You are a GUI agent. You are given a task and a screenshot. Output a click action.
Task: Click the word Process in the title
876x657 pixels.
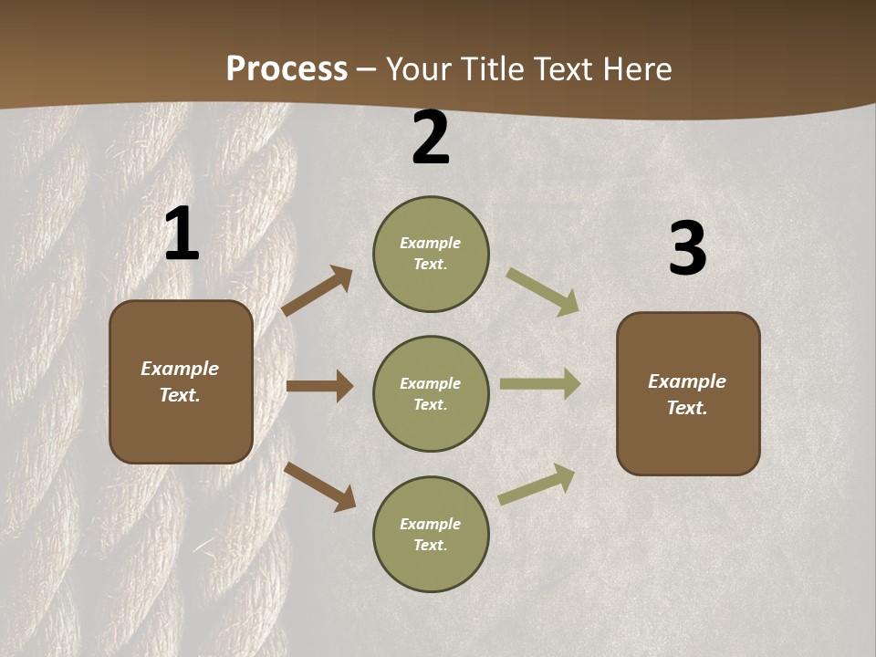coord(287,69)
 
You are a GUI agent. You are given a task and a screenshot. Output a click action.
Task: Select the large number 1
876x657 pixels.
coord(182,235)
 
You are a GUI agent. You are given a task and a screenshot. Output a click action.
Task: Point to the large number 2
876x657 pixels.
coord(431,139)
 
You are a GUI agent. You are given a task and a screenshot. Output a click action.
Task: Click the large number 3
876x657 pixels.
coord(687,249)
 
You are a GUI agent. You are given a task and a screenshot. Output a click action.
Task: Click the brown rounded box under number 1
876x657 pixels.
coord(181,381)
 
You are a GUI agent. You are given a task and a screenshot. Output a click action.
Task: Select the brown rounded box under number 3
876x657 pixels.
coord(688,394)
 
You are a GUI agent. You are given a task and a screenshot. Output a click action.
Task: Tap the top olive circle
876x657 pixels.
coord(431,254)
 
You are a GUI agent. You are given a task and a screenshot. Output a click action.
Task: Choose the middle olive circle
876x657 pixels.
coord(431,394)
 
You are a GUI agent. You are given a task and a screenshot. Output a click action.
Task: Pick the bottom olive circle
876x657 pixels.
coord(431,535)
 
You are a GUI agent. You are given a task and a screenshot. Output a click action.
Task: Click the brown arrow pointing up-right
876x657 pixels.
coord(317,291)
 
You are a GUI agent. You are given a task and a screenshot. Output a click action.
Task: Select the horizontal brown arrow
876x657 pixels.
coord(319,386)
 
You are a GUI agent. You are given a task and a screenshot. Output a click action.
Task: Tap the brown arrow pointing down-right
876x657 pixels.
coord(319,486)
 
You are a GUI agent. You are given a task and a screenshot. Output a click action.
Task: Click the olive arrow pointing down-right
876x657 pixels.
coord(543,292)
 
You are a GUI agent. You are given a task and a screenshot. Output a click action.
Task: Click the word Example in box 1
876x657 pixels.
coord(180,369)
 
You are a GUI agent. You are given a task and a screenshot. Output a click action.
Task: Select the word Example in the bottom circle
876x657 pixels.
coord(430,524)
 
